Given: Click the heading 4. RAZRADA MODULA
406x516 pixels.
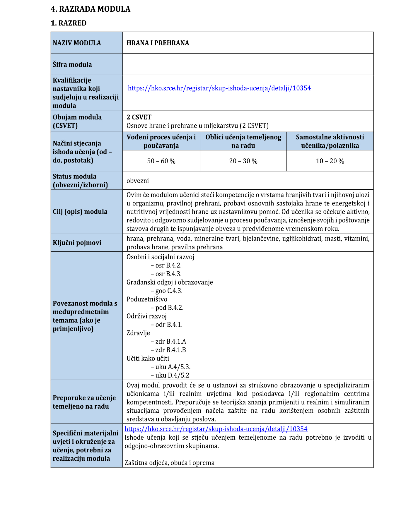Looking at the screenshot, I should click(91, 9).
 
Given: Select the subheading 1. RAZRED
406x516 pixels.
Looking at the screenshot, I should click(69, 23).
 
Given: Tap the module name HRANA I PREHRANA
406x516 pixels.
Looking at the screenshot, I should click(158, 43).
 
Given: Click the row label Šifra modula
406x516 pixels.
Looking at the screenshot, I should click(72, 64).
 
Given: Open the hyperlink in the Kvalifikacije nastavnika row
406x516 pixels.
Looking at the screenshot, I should click(219, 88).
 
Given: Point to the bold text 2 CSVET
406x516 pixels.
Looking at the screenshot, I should click(139, 117).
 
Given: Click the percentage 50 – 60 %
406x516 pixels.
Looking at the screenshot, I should click(161, 161).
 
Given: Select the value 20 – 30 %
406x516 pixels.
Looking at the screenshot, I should click(243, 161).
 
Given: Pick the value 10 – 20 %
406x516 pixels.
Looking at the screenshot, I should click(330, 161).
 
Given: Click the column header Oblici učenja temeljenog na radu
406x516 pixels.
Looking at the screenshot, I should click(243, 141).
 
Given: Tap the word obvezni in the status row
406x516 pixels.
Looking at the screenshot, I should click(138, 181).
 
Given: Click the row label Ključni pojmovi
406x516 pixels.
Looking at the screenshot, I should click(77, 243).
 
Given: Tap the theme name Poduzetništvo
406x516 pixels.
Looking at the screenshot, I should click(147, 299).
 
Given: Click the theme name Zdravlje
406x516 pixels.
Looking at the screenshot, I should click(138, 333).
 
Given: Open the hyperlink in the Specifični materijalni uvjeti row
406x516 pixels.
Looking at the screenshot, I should click(216, 429).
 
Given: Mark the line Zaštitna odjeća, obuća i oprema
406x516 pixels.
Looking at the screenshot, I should click(169, 463).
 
